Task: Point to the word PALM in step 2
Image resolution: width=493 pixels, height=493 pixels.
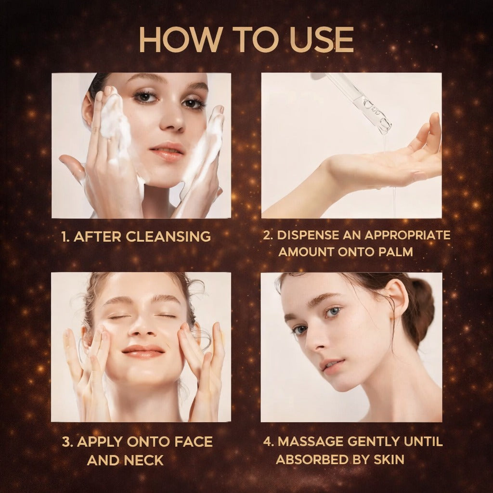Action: click(x=396, y=251)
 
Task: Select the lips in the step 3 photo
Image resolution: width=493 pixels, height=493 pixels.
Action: click(x=143, y=351)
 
